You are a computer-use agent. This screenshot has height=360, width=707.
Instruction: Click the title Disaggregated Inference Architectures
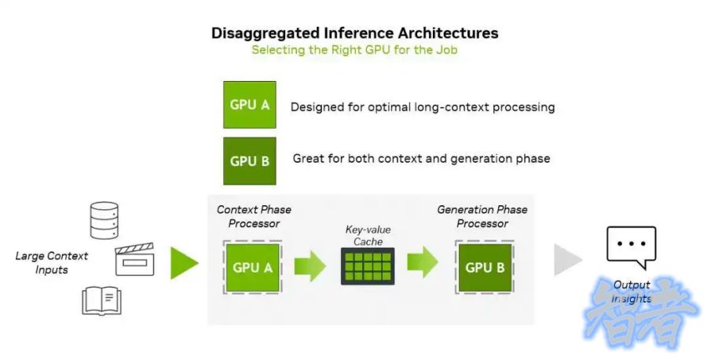pyautogui.click(x=355, y=33)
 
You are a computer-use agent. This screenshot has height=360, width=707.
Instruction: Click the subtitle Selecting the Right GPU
pyautogui.click(x=354, y=50)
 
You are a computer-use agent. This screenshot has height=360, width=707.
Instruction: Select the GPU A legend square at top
pyautogui.click(x=250, y=105)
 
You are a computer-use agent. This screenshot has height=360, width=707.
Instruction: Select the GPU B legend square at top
pyautogui.click(x=250, y=161)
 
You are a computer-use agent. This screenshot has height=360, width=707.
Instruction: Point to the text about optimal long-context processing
pyautogui.click(x=423, y=107)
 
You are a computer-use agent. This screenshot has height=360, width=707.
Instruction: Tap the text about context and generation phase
pyautogui.click(x=421, y=159)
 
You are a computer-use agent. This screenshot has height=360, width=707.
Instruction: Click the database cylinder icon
pyautogui.click(x=104, y=220)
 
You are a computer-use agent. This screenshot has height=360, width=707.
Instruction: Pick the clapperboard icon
pyautogui.click(x=134, y=259)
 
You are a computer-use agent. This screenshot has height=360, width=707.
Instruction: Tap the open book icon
pyautogui.click(x=102, y=299)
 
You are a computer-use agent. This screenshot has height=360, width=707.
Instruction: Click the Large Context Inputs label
pyautogui.click(x=52, y=263)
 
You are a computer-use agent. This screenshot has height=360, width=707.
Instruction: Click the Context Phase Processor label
pyautogui.click(x=254, y=216)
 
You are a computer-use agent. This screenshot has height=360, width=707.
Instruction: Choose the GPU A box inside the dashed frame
pyautogui.click(x=253, y=267)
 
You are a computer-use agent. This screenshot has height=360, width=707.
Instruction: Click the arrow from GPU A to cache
pyautogui.click(x=310, y=266)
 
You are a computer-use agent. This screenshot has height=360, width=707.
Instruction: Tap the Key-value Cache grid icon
pyautogui.click(x=367, y=266)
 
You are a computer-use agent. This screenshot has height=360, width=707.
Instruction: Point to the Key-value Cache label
pyautogui.click(x=368, y=236)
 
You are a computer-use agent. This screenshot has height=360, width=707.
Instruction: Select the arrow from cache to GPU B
pyautogui.click(x=423, y=263)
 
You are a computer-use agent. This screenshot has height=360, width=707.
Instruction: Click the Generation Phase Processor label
pyautogui.click(x=482, y=216)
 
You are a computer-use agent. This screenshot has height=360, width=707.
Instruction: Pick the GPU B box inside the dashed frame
pyautogui.click(x=484, y=267)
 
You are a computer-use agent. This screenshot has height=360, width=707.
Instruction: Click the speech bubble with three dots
pyautogui.click(x=631, y=246)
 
